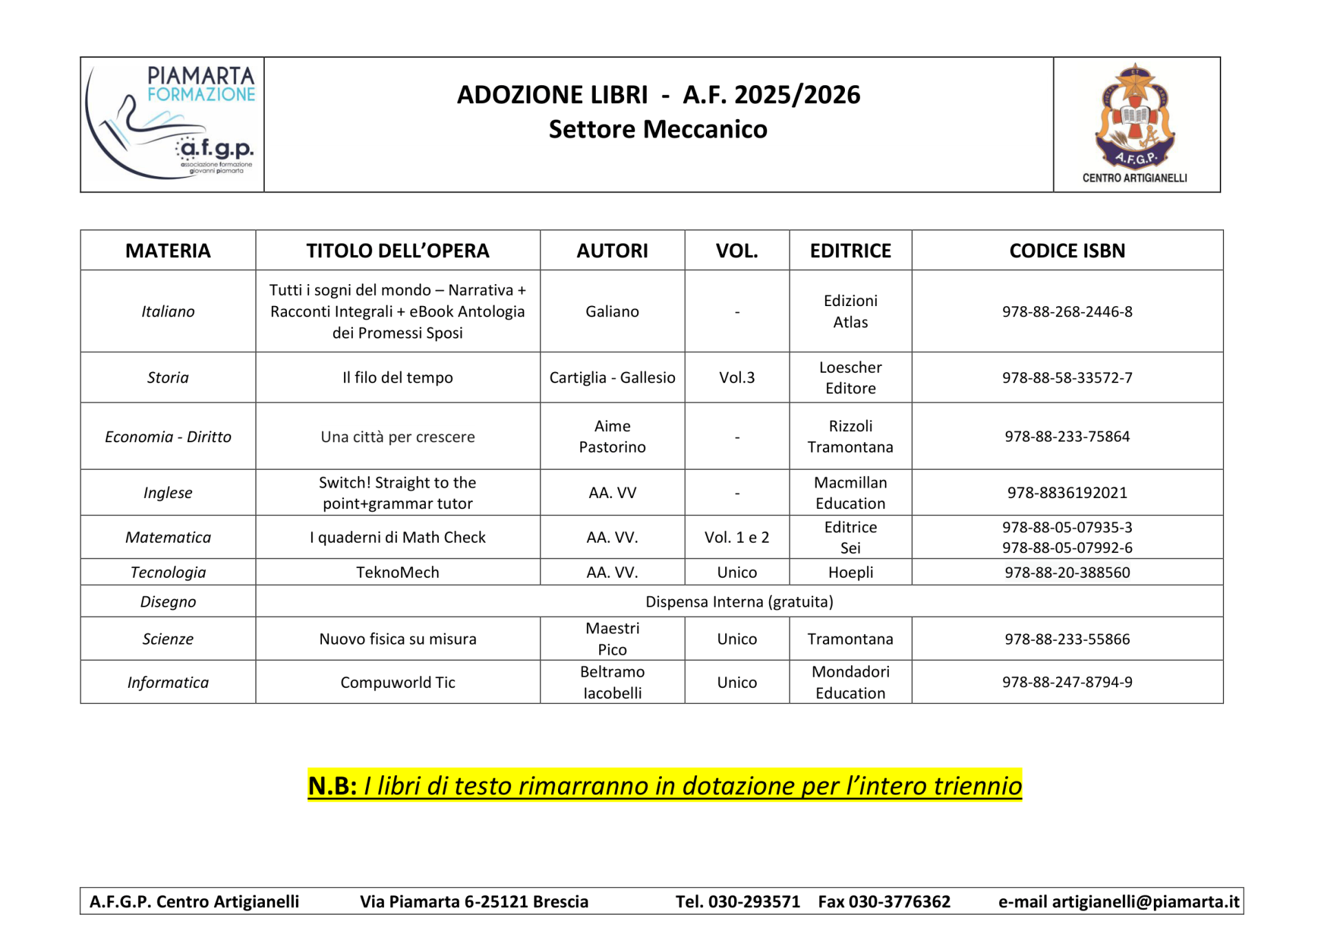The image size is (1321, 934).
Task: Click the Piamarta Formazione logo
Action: pos(172,124)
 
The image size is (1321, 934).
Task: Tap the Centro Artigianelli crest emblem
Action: pos(1135,117)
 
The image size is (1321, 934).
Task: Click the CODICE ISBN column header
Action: pos(1066,250)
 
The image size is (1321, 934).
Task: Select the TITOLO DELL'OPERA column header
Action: pos(398,250)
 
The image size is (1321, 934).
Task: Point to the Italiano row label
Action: pos(168,312)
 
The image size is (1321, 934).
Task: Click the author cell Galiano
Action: pos(612,312)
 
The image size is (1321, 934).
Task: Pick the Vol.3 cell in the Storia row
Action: pos(736,378)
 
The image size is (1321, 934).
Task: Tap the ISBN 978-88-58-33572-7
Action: pos(1066,378)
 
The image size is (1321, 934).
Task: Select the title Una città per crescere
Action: pos(398,437)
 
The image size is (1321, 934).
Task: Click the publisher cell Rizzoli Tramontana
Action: pos(850,437)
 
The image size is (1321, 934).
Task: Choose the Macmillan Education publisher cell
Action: pos(850,492)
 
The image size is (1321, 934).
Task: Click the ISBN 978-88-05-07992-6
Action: pos(1066,547)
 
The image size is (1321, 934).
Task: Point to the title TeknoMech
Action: pos(398,572)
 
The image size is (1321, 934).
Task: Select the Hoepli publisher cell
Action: pos(850,572)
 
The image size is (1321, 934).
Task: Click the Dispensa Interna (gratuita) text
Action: pos(739,602)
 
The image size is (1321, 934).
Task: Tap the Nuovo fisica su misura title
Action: pos(398,639)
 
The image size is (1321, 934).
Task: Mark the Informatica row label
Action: pos(168,682)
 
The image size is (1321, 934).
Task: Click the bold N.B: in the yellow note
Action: pos(332,785)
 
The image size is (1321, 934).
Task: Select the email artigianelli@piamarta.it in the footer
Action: pos(1146,902)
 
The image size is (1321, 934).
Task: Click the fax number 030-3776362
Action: pos(899,902)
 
